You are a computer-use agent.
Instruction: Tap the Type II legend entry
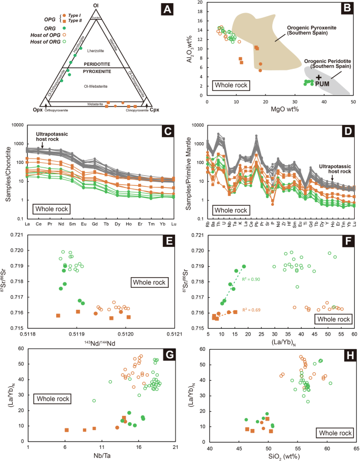(x=44, y=24)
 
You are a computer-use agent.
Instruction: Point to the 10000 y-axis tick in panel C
(x=19, y=125)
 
